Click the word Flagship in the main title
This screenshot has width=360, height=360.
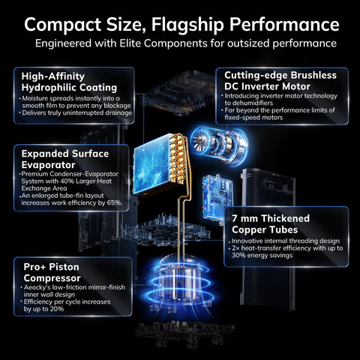point(187,25)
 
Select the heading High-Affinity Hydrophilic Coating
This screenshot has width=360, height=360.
point(69,82)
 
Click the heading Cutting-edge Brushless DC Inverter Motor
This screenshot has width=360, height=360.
point(280,81)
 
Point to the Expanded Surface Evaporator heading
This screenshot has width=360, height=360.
point(65,159)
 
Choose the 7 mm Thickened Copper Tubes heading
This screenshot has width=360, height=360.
point(271,224)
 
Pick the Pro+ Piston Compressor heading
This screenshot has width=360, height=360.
point(52,272)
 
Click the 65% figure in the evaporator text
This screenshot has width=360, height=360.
point(115,202)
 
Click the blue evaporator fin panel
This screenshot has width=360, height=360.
point(151,163)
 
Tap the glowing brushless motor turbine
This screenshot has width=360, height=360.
point(220,145)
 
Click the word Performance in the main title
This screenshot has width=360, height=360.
point(284,25)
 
